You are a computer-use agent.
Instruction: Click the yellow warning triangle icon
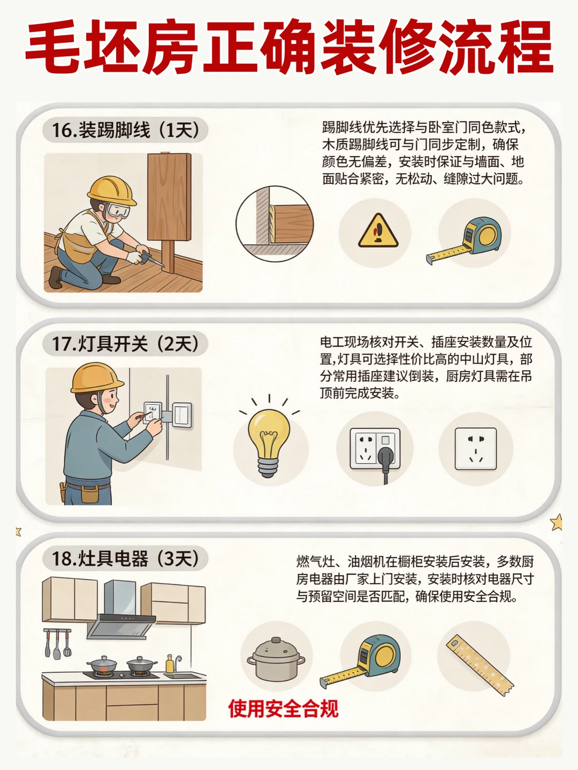point(378,232)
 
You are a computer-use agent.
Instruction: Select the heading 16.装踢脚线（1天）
point(125,130)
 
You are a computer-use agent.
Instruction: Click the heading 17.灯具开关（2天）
point(125,344)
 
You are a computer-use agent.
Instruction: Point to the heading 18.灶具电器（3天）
point(125,558)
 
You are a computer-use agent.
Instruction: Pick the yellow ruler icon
point(480,665)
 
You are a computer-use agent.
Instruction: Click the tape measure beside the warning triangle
point(464,240)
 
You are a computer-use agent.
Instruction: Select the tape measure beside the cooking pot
point(360,661)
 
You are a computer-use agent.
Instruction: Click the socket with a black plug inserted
point(375,449)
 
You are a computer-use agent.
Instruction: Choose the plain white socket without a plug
point(476,449)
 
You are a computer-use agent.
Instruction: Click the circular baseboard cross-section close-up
point(275,224)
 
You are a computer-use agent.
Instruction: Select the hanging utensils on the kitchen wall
point(57,643)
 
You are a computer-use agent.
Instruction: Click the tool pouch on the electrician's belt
point(90,494)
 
